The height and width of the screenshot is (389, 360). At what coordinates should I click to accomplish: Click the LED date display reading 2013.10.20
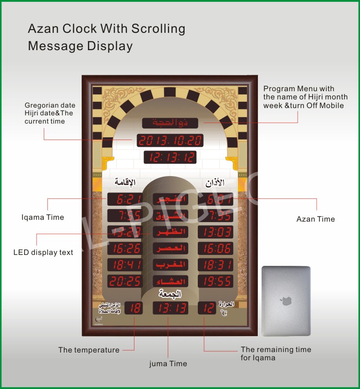[170, 140]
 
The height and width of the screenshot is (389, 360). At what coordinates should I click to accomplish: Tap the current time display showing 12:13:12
[170, 157]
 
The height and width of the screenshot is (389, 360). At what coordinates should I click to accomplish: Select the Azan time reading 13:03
[216, 232]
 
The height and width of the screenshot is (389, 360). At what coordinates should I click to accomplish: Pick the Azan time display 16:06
[216, 249]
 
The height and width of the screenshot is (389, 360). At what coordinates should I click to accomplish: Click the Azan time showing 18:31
[216, 265]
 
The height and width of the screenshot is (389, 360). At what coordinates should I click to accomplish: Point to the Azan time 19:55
[216, 281]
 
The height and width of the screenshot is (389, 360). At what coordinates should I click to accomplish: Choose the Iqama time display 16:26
[125, 249]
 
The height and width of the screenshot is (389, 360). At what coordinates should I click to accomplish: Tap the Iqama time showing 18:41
[125, 265]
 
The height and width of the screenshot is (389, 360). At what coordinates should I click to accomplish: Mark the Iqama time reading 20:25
[125, 281]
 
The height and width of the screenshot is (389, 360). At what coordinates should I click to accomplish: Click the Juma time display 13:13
[170, 308]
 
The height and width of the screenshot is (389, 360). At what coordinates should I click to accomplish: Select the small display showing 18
[135, 308]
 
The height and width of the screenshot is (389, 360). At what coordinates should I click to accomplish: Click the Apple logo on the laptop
[286, 301]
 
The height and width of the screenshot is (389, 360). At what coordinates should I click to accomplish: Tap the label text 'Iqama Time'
[43, 218]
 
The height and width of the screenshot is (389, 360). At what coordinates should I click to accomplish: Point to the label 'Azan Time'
[316, 219]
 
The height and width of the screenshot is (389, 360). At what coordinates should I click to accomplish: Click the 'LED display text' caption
[43, 253]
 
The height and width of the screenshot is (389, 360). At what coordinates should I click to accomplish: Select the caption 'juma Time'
[168, 364]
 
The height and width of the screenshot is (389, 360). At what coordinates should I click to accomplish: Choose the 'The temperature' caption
[89, 350]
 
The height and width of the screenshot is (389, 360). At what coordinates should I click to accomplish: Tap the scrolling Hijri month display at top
[170, 123]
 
